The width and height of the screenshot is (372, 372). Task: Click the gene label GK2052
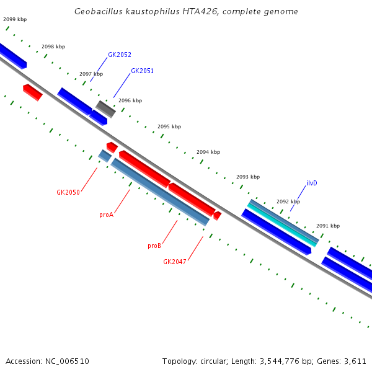pos(120,55)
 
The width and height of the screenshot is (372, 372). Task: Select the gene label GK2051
pos(142,71)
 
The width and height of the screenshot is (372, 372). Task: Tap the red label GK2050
pos(68,192)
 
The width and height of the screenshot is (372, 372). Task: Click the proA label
pos(106,215)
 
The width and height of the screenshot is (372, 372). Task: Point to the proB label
pos(154,246)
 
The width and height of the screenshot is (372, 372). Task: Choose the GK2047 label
pos(175,262)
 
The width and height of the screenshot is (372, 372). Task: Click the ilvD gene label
pos(312,183)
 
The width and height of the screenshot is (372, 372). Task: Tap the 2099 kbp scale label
pos(15,19)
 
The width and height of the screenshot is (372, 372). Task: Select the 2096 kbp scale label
pos(130,100)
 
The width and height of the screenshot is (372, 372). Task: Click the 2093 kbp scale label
pos(248,177)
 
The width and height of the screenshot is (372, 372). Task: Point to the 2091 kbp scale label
pos(328,226)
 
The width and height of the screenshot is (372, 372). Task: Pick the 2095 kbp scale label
pos(169,126)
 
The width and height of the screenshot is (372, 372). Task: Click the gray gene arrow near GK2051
pos(105,108)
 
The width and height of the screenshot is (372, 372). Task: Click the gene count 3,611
pos(355,361)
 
